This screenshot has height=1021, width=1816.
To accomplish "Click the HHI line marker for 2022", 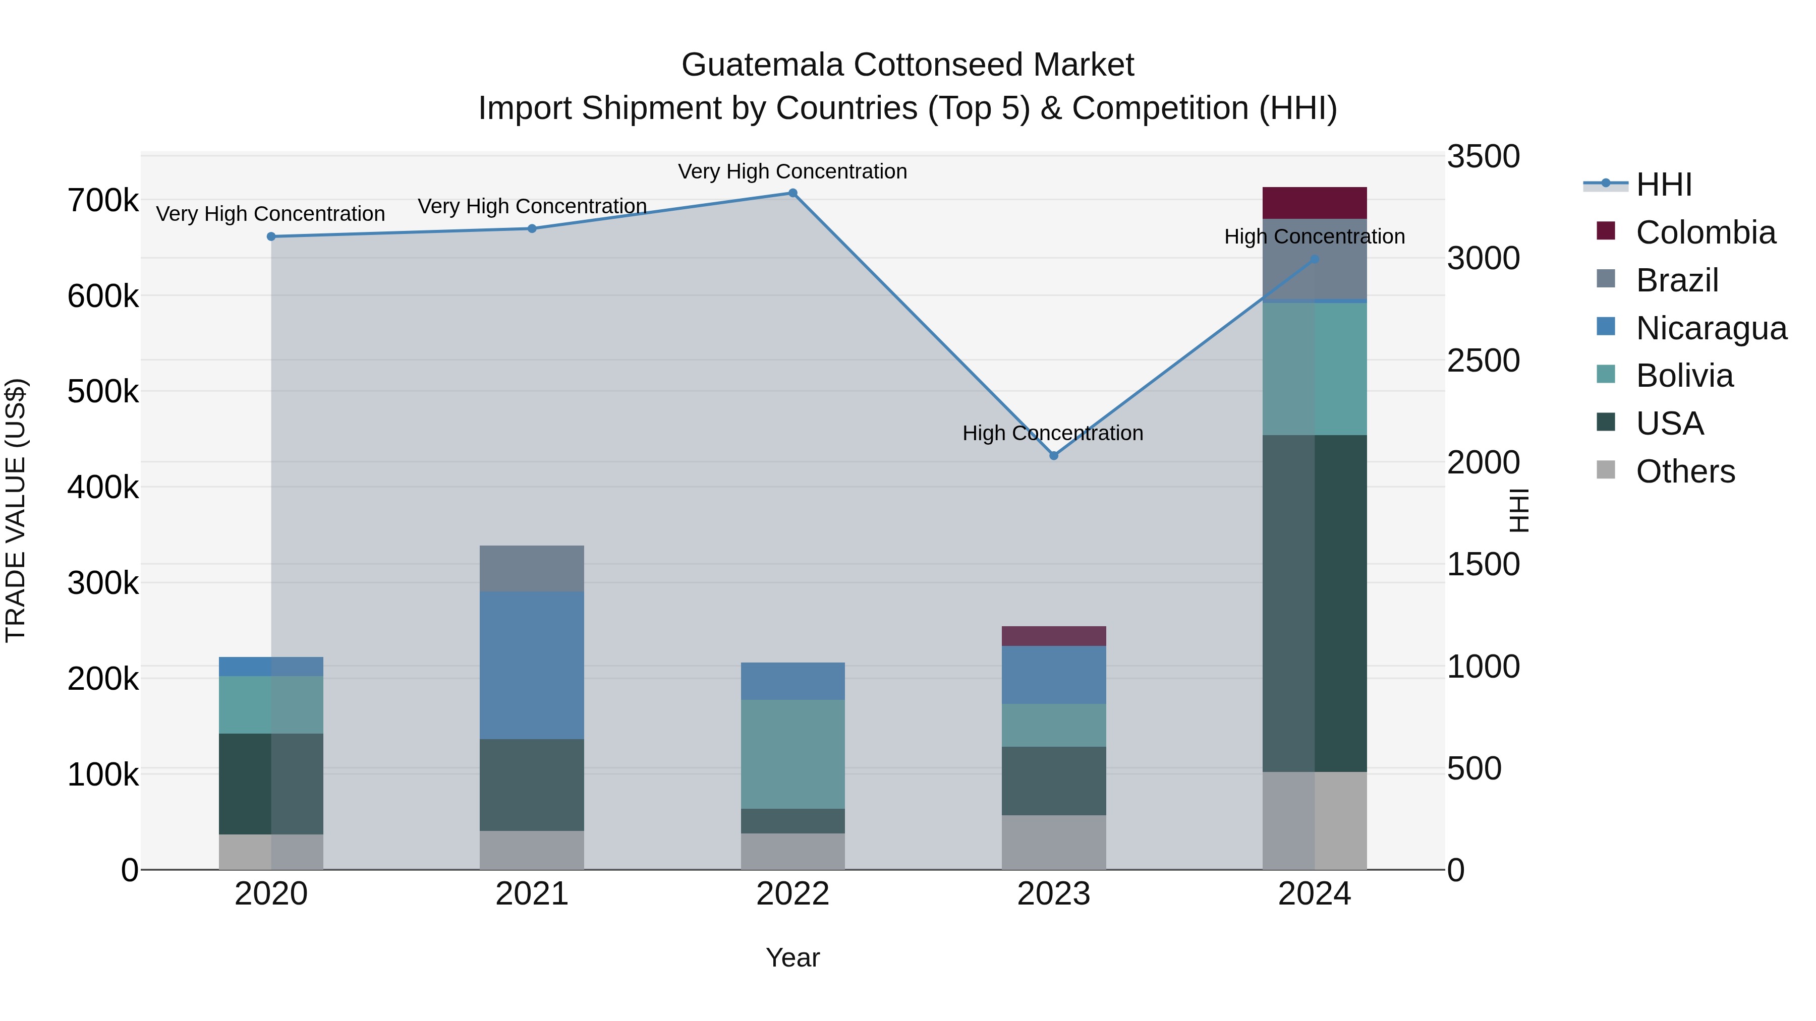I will click(792, 193).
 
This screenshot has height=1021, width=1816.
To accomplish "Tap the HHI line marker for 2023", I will click(1054, 456).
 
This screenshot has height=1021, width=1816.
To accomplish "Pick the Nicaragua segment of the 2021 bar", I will click(532, 665).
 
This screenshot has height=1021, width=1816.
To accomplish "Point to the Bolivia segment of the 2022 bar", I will click(792, 753).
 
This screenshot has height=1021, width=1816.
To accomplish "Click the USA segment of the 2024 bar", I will click(1314, 603).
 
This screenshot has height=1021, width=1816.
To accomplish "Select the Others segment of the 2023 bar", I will click(1054, 842).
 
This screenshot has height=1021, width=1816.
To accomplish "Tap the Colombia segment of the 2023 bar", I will click(1054, 636).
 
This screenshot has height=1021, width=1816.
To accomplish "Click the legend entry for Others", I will click(1685, 471).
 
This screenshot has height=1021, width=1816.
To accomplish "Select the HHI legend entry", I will click(1663, 185).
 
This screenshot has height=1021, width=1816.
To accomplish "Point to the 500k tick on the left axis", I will click(103, 392).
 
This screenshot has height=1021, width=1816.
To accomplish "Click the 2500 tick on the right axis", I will click(1483, 361).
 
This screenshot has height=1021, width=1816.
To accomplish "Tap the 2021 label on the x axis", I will click(532, 894).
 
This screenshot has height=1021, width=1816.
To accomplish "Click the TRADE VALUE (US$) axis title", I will click(16, 510).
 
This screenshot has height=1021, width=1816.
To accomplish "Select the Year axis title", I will click(792, 957).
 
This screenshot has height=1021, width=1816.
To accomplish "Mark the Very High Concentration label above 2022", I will click(792, 171).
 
